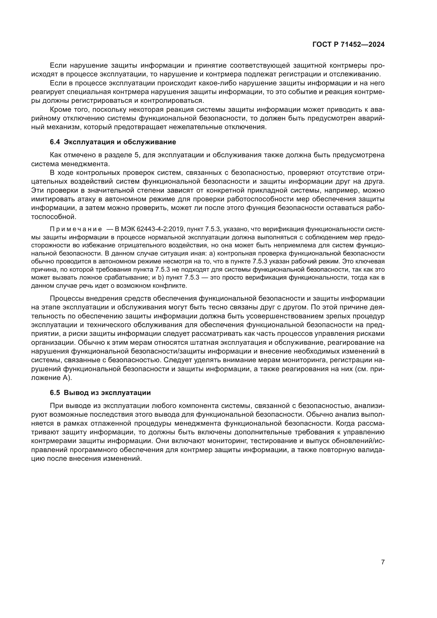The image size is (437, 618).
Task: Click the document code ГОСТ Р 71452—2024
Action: pos(348,44)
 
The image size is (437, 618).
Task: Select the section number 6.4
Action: pos(55,142)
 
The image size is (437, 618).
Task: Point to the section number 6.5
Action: pos(55,393)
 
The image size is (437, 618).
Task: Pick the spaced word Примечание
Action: pos(76,229)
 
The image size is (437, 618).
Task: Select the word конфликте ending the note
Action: pos(170,286)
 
